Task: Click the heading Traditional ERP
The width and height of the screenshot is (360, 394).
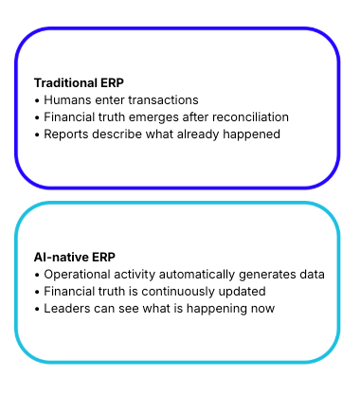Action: (x=79, y=82)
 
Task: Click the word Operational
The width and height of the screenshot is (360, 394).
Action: (x=80, y=275)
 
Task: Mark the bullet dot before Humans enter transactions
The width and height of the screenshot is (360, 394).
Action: (x=37, y=100)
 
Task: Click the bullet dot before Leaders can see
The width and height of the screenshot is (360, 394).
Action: (x=37, y=309)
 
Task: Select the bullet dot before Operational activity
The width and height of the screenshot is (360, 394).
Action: (x=37, y=275)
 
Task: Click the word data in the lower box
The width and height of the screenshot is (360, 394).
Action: (x=312, y=275)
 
